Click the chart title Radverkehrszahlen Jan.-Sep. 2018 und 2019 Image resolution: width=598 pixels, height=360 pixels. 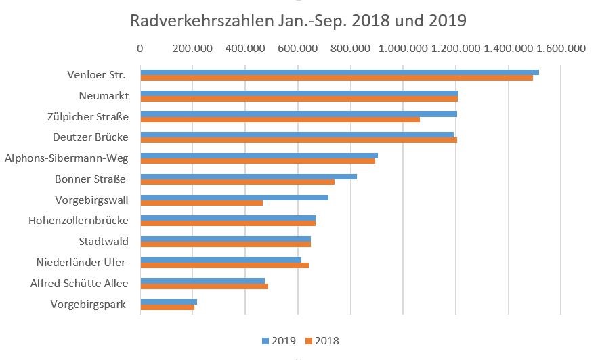pos(299,20)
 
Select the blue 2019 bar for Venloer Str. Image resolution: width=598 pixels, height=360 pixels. pos(339,72)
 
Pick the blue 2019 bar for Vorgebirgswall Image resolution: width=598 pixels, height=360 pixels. pos(234,198)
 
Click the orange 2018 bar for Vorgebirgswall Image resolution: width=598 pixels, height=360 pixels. pos(201,203)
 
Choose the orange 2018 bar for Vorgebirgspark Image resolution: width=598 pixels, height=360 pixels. pos(167,307)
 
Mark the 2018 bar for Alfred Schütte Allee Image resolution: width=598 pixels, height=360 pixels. pos(204,286)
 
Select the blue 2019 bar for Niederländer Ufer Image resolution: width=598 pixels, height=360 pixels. pos(220,260)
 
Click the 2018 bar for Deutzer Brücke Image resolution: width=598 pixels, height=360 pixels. pos(298,140)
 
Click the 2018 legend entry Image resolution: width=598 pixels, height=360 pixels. pos(321,340)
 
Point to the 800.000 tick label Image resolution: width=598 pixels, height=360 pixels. pos(351,49)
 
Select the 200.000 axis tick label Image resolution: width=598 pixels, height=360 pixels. pos(193,49)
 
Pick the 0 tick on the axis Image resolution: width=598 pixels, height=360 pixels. pos(140,49)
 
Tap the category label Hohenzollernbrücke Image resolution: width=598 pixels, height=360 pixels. pos(79,221)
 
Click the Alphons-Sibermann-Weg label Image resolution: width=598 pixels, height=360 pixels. pos(66,158)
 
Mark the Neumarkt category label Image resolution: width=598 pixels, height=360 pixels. pos(104,95)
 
